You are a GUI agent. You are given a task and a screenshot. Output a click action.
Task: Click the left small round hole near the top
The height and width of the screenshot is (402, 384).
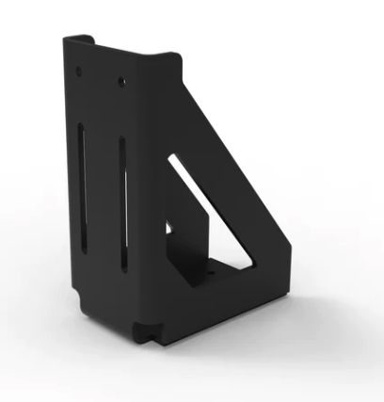(x=79, y=71)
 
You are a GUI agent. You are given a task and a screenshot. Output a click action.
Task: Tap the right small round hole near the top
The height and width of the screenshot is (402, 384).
(x=120, y=83)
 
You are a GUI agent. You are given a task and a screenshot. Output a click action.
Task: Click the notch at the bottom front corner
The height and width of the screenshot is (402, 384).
(x=146, y=331)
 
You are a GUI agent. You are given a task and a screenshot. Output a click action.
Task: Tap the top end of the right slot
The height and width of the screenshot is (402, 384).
(x=121, y=141)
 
